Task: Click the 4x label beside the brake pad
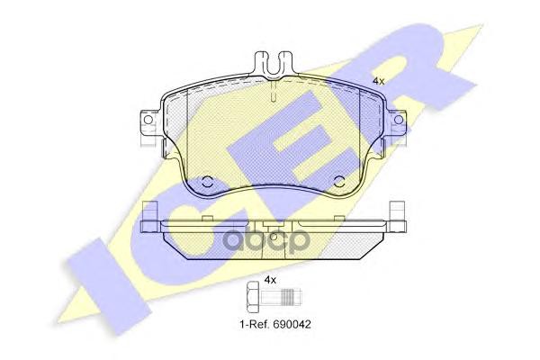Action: [x=379, y=81]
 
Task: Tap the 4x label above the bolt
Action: [x=270, y=280]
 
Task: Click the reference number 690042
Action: [x=292, y=324]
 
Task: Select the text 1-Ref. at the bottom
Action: [x=255, y=324]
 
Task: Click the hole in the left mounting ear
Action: [x=148, y=120]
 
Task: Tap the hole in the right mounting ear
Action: [x=399, y=120]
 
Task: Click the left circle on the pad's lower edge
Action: [x=207, y=181]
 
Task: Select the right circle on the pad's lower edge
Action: [x=340, y=181]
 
